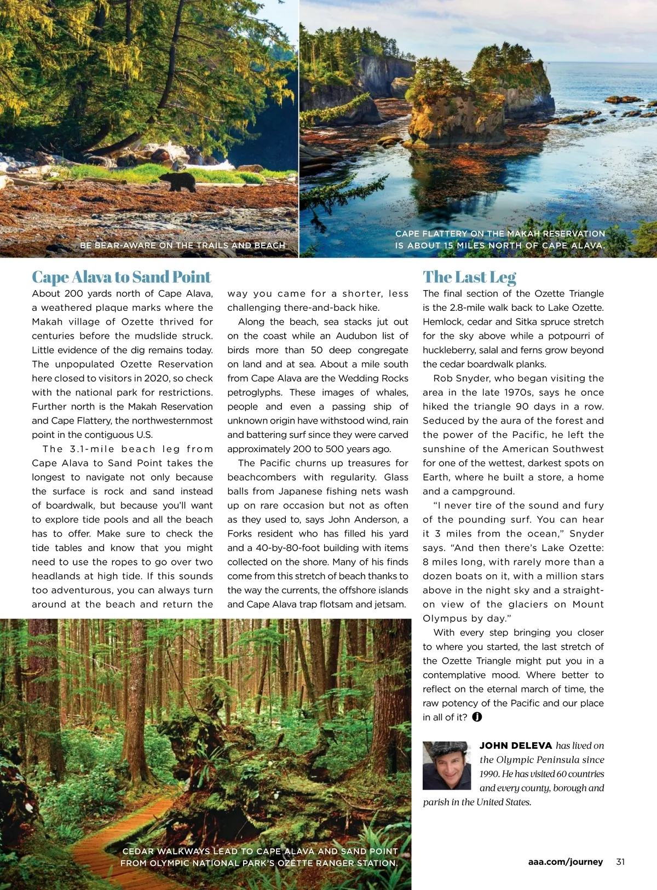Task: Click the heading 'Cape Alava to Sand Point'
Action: [121, 277]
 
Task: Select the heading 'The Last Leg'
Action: [469, 277]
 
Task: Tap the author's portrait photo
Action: [447, 765]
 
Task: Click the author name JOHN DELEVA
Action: [516, 745]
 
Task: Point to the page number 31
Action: [620, 862]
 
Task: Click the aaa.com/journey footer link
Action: [566, 862]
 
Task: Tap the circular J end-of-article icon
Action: [477, 717]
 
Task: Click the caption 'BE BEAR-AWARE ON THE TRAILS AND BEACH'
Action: [182, 245]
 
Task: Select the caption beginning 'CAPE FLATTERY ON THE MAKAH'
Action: [500, 239]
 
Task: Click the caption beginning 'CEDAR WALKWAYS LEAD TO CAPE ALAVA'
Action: [260, 857]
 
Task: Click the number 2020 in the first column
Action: [155, 378]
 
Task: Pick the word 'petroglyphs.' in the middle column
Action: [254, 392]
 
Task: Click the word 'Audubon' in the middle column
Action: [357, 336]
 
